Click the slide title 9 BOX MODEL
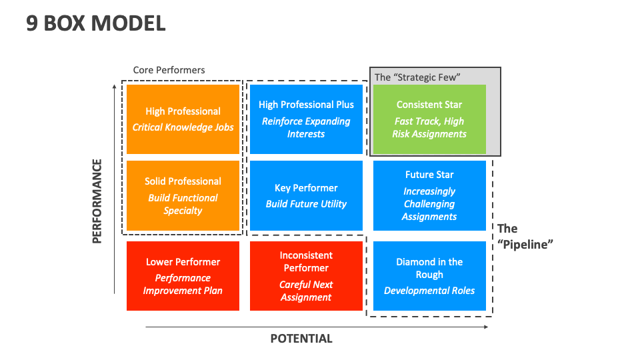click(95, 23)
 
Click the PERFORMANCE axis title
click(97, 201)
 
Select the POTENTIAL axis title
click(301, 339)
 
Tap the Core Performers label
click(169, 70)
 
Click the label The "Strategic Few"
click(417, 77)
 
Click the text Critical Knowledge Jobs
click(183, 127)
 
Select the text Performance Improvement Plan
click(183, 284)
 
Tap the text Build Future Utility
click(306, 204)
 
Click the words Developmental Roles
click(429, 291)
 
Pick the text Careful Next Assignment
click(306, 291)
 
